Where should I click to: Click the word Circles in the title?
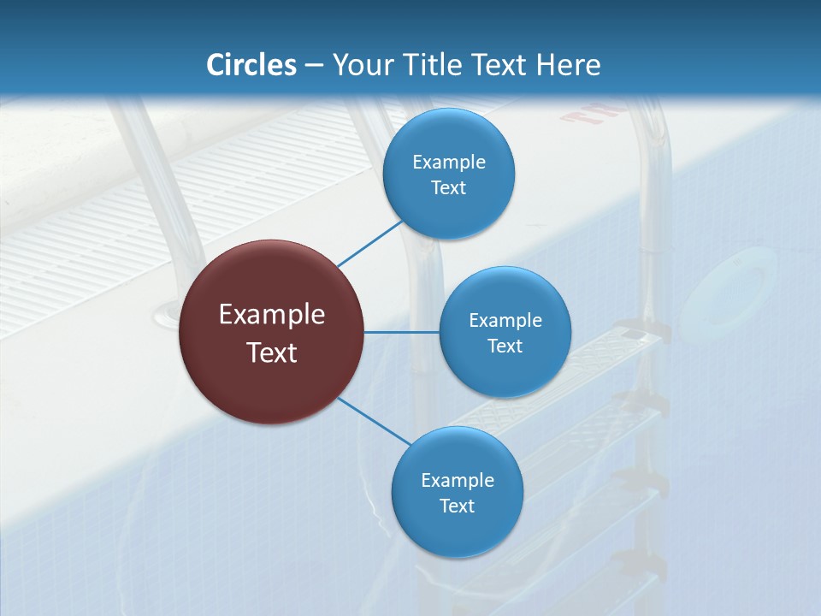point(251,65)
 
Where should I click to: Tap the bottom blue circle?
point(457,530)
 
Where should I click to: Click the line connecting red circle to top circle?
point(371,243)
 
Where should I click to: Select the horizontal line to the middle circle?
point(402,332)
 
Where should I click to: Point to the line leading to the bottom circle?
point(374,421)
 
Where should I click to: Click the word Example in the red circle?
point(272,315)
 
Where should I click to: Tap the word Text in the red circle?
point(272,352)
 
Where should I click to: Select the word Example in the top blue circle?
point(448,163)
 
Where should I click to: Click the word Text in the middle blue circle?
point(505,346)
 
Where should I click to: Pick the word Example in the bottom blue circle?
point(457,480)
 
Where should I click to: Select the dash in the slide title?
point(314,66)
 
